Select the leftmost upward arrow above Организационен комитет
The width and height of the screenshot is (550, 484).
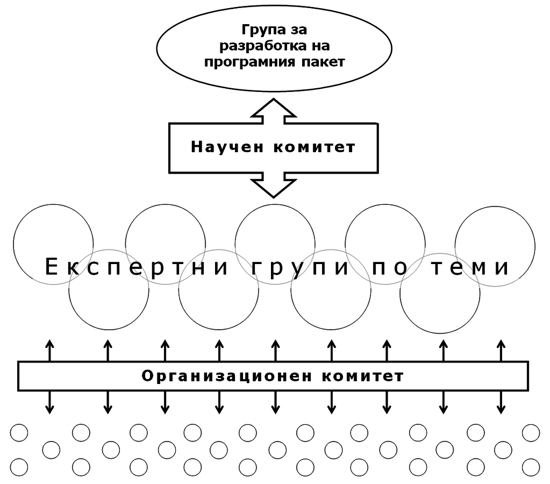[x=49, y=350]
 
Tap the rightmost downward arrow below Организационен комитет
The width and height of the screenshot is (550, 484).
[x=501, y=403]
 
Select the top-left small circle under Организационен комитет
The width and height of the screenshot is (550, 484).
[x=19, y=432]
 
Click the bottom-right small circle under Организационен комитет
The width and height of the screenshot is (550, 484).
[x=531, y=467]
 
